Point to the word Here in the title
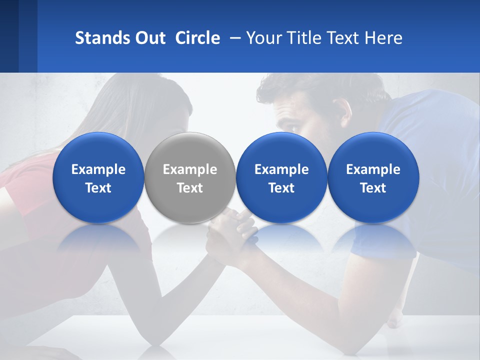tap(383, 38)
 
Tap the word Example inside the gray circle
tap(190, 169)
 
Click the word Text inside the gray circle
tap(190, 188)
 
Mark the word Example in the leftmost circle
tap(98, 169)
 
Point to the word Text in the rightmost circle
tap(373, 188)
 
